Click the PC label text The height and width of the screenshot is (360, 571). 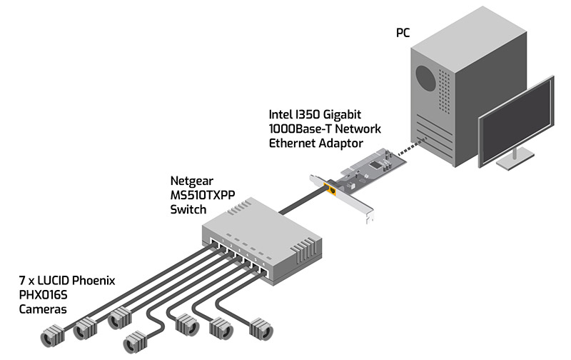click(405, 33)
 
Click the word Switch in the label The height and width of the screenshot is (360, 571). click(188, 210)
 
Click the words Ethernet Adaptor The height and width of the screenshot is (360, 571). click(315, 142)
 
